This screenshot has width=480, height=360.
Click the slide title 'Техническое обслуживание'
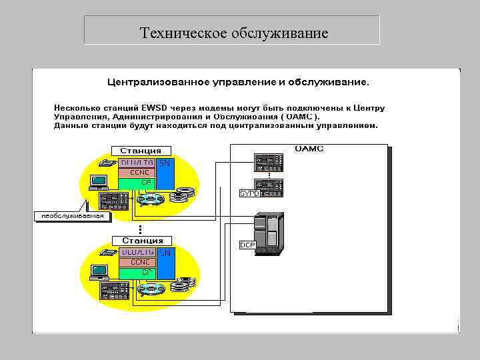pyautogui.click(x=234, y=33)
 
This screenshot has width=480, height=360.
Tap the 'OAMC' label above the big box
pyautogui.click(x=309, y=149)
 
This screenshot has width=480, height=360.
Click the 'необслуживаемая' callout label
pyautogui.click(x=73, y=216)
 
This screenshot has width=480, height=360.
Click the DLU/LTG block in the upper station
pyautogui.click(x=137, y=162)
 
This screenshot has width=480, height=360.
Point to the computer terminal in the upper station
pyautogui.click(x=99, y=181)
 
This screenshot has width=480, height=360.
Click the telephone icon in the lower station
pyautogui.click(x=107, y=253)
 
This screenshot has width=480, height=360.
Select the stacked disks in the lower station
pyautogui.click(x=182, y=286)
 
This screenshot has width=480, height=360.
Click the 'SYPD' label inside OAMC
pyautogui.click(x=249, y=193)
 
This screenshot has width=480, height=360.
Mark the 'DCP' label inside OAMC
pyautogui.click(x=247, y=245)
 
